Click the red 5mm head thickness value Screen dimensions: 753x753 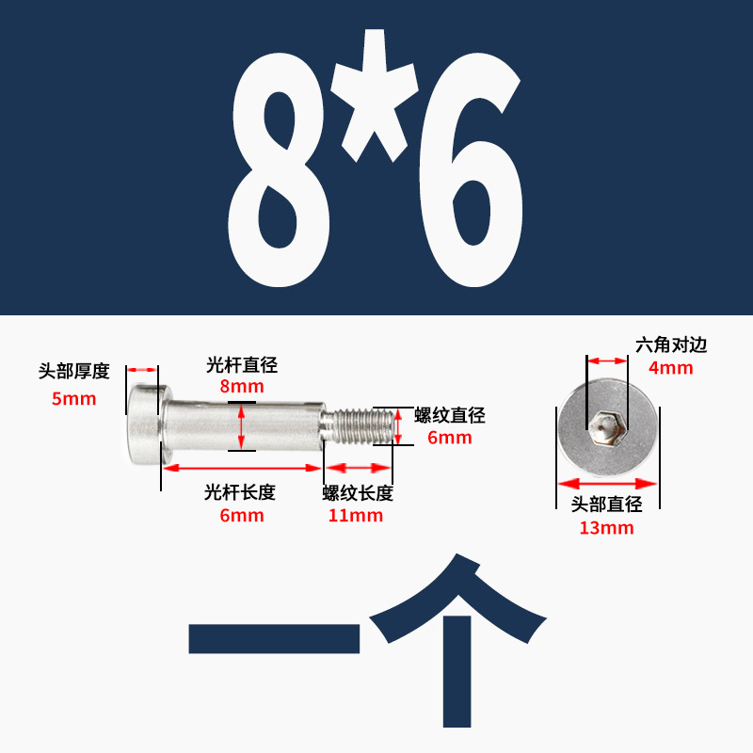[73, 398]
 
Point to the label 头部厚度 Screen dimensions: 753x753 [73, 371]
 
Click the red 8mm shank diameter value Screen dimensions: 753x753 [242, 386]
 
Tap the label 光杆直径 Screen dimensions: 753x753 [242, 365]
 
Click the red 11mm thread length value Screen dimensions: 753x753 [356, 515]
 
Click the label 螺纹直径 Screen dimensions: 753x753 [450, 415]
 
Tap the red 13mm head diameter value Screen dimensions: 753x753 [606, 528]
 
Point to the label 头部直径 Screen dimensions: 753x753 [606, 505]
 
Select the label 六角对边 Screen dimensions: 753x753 [671, 345]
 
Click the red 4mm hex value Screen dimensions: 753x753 [671, 368]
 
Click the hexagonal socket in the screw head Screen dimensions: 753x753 [605, 427]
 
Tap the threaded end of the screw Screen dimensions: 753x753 [361, 424]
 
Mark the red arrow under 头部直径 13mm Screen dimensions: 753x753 [606, 485]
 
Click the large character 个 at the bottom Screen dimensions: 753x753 [458, 640]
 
